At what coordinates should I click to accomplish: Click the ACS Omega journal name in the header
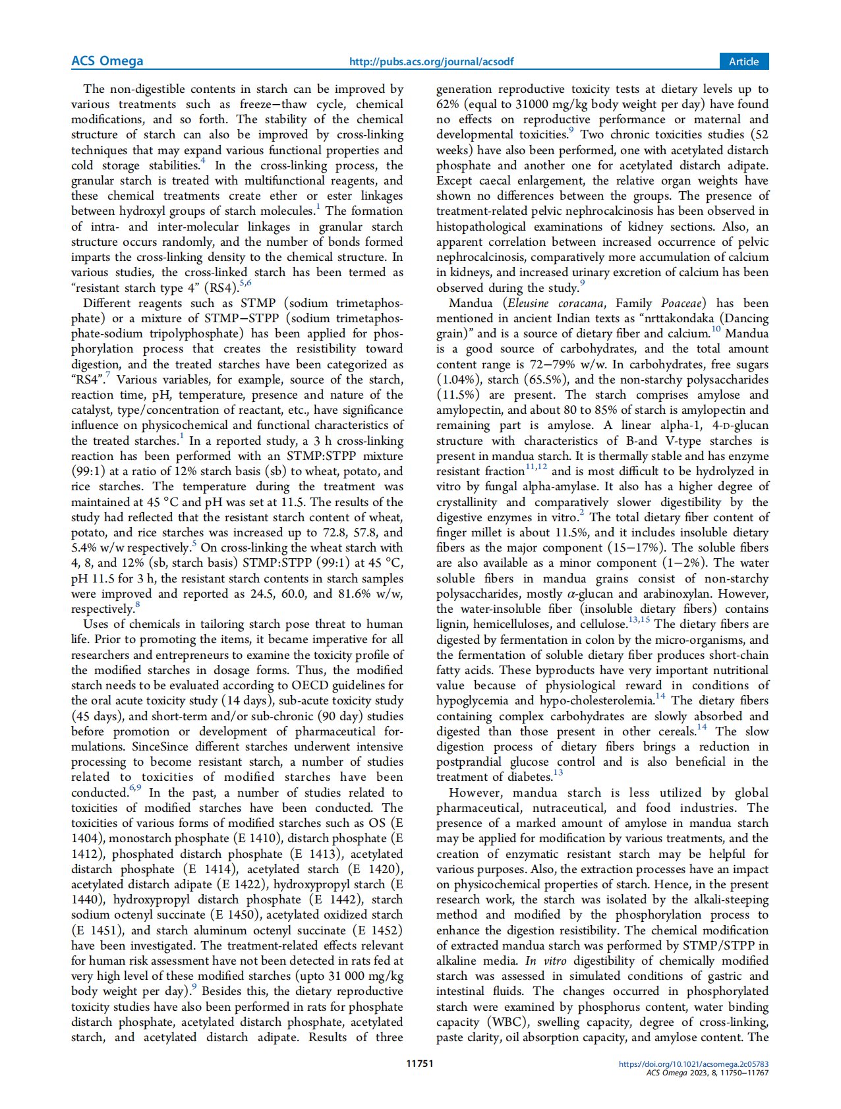(107, 61)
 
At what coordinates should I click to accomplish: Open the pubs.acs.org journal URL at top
(431, 62)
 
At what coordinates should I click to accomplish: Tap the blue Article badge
(743, 61)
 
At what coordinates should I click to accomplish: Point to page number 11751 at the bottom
(420, 1063)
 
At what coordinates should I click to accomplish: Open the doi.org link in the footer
(694, 1064)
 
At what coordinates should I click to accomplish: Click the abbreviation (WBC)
(507, 1022)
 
